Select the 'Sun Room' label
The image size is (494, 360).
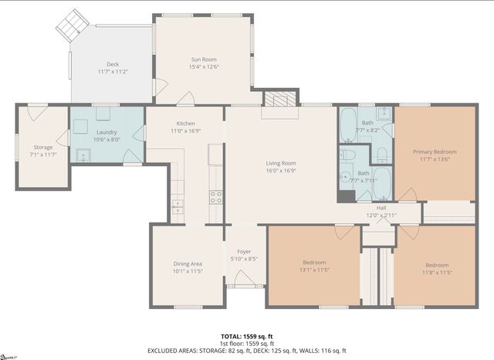pos(204,59)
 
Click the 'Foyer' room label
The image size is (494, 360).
pos(244,251)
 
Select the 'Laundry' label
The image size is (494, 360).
pos(107,132)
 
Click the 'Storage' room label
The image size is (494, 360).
pos(42,148)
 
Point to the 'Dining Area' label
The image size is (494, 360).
pos(188,264)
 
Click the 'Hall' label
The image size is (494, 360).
pos(381,207)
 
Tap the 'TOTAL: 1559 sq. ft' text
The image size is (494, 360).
pos(246,336)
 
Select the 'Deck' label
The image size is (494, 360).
pos(112,63)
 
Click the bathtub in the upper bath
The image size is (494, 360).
pos(347,124)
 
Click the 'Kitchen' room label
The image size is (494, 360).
pos(185,124)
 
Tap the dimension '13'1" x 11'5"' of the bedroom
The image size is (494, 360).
pos(314,270)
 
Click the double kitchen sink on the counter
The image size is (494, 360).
pos(178,205)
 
